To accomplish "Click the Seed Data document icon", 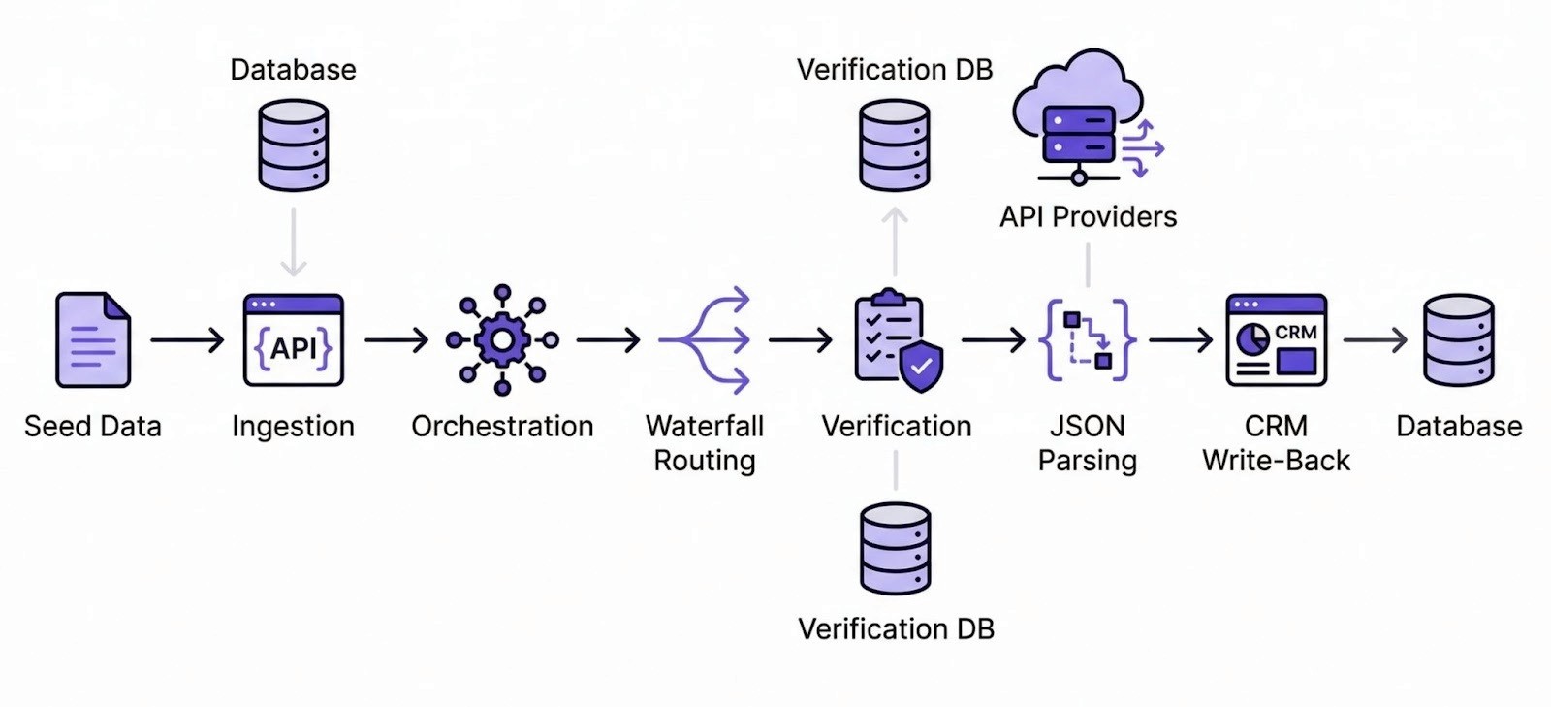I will (x=93, y=340).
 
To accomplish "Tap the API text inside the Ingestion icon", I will (x=294, y=348).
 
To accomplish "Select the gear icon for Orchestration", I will (x=502, y=339).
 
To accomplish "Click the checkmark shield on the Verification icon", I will (x=921, y=367).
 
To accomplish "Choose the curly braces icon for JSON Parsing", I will (x=1087, y=339).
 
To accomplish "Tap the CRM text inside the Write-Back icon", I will (x=1295, y=332).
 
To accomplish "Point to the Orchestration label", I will (x=502, y=426).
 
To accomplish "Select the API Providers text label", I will (x=1088, y=216).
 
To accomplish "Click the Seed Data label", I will (x=93, y=426).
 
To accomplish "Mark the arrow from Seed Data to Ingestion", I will (x=187, y=340).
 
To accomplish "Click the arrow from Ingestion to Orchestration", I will (x=396, y=340).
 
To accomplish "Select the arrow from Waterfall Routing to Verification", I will (x=800, y=340).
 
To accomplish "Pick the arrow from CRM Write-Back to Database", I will (x=1375, y=340).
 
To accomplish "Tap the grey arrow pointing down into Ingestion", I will (x=294, y=242).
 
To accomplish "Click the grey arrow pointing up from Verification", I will (x=895, y=242).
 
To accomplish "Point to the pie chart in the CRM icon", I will (x=1253, y=338).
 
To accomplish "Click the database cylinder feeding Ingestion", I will (x=294, y=145).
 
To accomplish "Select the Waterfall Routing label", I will (x=705, y=442).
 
